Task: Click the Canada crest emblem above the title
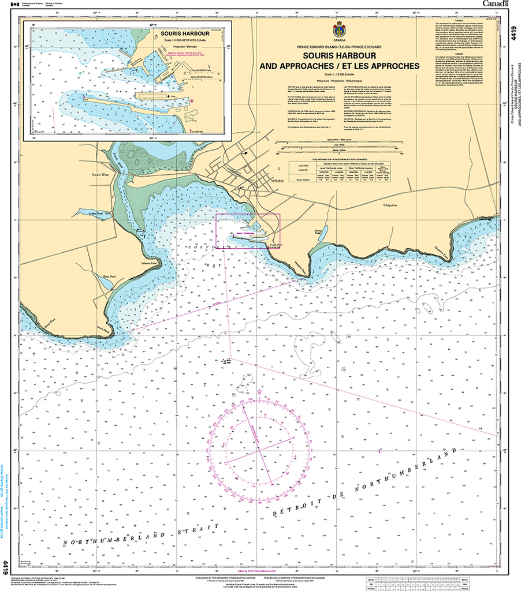point(338,30)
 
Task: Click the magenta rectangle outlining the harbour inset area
point(247,215)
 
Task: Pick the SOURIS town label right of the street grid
point(278,181)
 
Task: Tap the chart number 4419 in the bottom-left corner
point(5,567)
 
